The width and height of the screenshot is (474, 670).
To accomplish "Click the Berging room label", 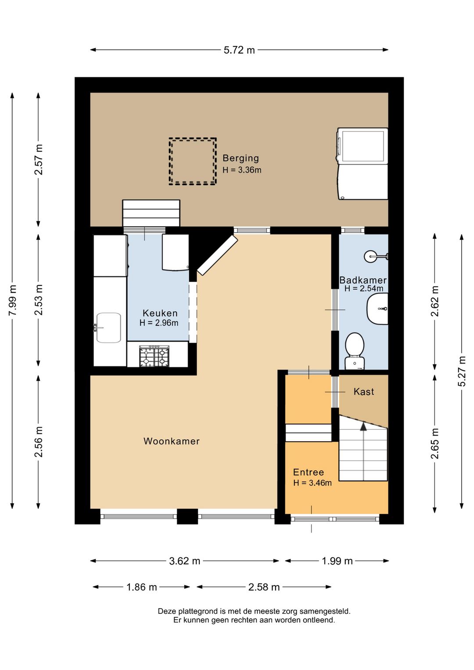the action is pyautogui.click(x=241, y=158).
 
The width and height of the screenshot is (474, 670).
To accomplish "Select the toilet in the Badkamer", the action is pyautogui.click(x=354, y=351).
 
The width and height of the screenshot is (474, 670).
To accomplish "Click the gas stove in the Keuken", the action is pyautogui.click(x=154, y=356).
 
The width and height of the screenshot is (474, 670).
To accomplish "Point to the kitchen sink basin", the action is pyautogui.click(x=108, y=328).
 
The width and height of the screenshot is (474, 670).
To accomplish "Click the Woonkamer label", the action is pyautogui.click(x=171, y=441).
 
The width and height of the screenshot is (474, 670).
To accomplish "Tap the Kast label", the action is pyautogui.click(x=364, y=392).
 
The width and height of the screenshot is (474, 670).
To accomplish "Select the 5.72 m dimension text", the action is pyautogui.click(x=239, y=50).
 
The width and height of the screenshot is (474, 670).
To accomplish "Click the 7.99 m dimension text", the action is pyautogui.click(x=13, y=300).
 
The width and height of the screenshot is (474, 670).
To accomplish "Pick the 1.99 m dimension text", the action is pyautogui.click(x=337, y=561).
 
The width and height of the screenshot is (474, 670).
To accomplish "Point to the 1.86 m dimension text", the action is pyautogui.click(x=141, y=587).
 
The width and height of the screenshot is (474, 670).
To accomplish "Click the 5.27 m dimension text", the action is pyautogui.click(x=462, y=371).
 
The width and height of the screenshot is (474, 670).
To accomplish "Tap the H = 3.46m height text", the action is pyautogui.click(x=312, y=483).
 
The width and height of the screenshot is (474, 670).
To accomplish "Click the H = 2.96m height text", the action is pyautogui.click(x=159, y=323).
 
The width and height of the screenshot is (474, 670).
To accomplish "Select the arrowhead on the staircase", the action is pyautogui.click(x=363, y=426).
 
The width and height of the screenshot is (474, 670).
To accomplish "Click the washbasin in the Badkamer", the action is pyautogui.click(x=377, y=309).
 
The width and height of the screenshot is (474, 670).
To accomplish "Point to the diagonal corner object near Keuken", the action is pyautogui.click(x=217, y=255).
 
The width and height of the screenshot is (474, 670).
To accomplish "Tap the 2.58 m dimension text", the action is pyautogui.click(x=264, y=587).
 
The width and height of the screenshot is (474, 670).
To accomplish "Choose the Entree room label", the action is pyautogui.click(x=309, y=472).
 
